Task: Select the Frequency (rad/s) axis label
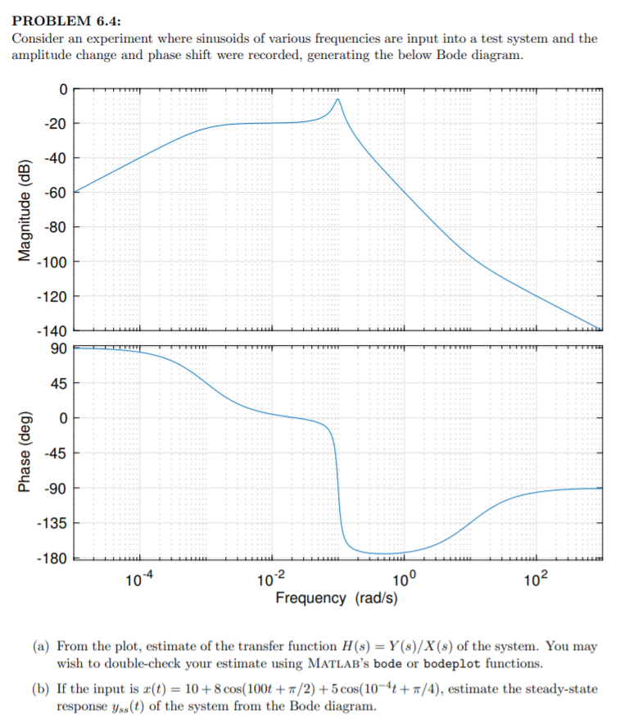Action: pos(337,598)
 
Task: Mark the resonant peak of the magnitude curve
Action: pos(337,99)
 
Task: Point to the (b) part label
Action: pos(40,688)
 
